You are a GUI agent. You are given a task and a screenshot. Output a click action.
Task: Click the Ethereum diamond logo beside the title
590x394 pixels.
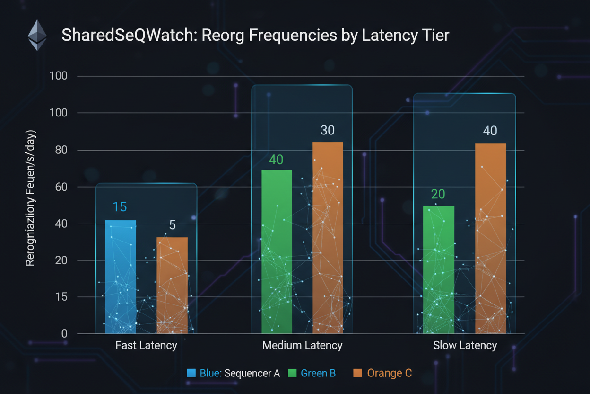37,35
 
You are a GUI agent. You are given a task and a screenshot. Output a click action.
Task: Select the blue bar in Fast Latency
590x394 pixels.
120,277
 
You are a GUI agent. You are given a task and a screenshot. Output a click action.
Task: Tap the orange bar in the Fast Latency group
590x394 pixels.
172,285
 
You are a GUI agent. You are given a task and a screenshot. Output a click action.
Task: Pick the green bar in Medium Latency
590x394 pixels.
277,251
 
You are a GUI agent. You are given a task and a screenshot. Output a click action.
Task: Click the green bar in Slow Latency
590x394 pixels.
439,269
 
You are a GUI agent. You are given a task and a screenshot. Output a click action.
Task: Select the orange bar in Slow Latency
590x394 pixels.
490,238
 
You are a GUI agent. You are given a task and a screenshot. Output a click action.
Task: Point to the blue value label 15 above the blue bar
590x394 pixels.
120,207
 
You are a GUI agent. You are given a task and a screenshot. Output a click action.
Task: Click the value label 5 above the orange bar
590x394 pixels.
173,224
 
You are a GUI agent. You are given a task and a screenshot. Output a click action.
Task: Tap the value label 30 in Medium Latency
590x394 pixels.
328,130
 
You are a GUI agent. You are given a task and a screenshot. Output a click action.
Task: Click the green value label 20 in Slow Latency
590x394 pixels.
438,195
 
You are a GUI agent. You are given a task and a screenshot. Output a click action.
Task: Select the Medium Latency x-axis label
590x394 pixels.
302,345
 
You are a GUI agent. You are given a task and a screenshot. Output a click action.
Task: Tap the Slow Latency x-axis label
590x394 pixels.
465,345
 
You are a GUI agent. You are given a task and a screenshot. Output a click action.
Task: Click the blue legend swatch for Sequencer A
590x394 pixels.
191,373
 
